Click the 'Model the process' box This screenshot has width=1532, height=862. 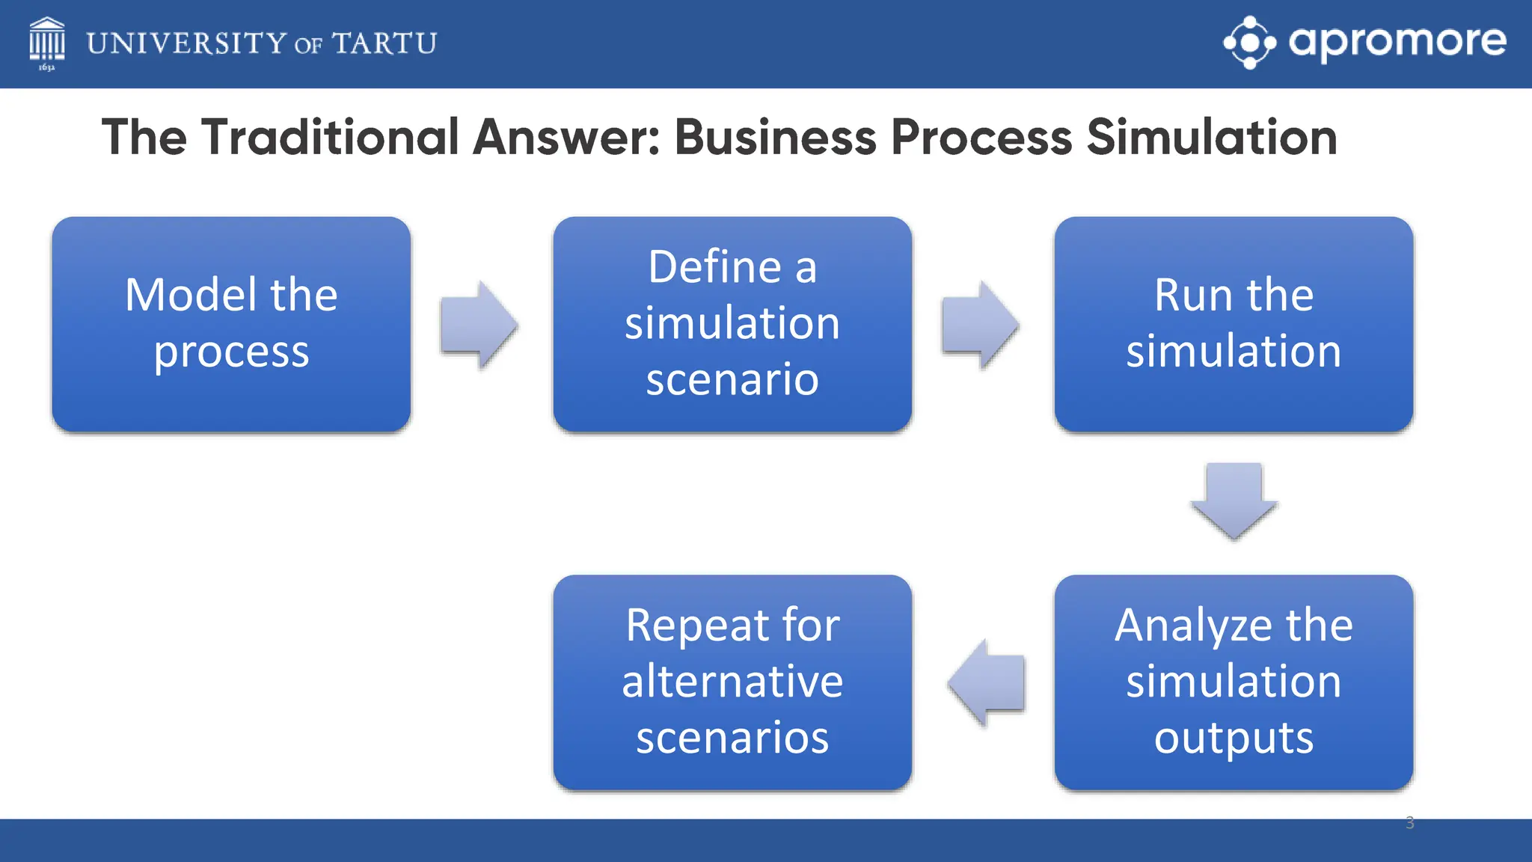pos(231,324)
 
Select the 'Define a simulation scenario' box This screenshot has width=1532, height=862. pos(732,324)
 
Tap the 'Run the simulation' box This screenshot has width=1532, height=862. pos(1234,324)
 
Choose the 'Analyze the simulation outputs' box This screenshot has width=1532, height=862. pos(1234,682)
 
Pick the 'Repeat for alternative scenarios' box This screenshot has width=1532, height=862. pos(732,682)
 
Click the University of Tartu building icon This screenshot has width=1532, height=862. pos(46,42)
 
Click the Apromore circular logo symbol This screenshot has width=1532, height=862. pos(1249,43)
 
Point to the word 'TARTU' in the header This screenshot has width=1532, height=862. pos(384,43)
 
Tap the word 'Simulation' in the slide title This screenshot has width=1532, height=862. pos(1211,138)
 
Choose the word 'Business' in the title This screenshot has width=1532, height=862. pos(775,138)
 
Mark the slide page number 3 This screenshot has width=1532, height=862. pos(1410,823)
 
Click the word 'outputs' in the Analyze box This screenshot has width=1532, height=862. pos(1234,738)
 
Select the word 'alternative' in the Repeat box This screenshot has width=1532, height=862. pos(732,682)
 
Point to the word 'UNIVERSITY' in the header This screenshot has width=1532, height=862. pos(186,43)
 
